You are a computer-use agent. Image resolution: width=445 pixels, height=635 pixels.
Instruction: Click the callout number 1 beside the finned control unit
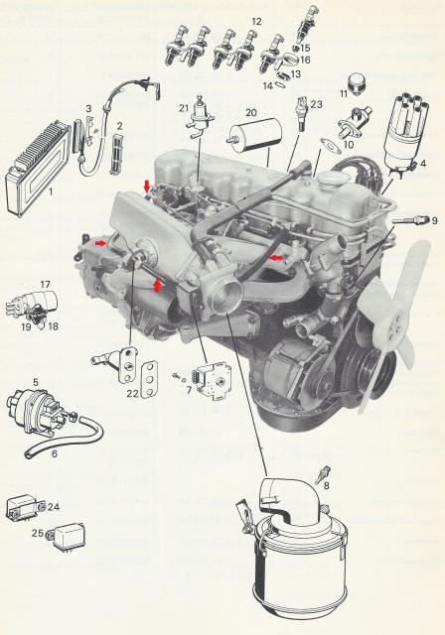point(51,190)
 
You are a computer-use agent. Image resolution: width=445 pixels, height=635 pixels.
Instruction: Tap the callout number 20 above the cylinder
point(251,112)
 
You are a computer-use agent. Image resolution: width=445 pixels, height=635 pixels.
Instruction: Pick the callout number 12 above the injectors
point(256,21)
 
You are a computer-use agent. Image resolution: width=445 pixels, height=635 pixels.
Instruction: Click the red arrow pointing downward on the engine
point(147,187)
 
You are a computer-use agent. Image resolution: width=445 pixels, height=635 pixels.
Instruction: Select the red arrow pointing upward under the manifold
point(157,285)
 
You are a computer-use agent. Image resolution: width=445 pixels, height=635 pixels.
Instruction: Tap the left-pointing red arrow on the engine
point(277,257)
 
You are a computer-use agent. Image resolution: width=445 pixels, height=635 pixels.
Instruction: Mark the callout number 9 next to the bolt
point(434,220)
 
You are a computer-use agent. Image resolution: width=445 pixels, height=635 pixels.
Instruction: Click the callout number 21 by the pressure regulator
point(184,108)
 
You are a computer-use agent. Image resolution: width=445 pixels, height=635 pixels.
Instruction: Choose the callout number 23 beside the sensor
point(317,104)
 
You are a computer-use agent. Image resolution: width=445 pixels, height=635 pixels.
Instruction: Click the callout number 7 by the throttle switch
point(190,390)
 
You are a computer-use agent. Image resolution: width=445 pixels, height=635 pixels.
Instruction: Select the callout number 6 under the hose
point(55,454)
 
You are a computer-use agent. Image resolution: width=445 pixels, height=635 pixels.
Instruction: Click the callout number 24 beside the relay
point(54,507)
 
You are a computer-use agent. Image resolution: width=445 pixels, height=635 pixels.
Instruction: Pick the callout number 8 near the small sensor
point(326,485)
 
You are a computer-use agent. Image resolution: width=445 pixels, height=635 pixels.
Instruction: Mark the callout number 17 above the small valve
point(45,285)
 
